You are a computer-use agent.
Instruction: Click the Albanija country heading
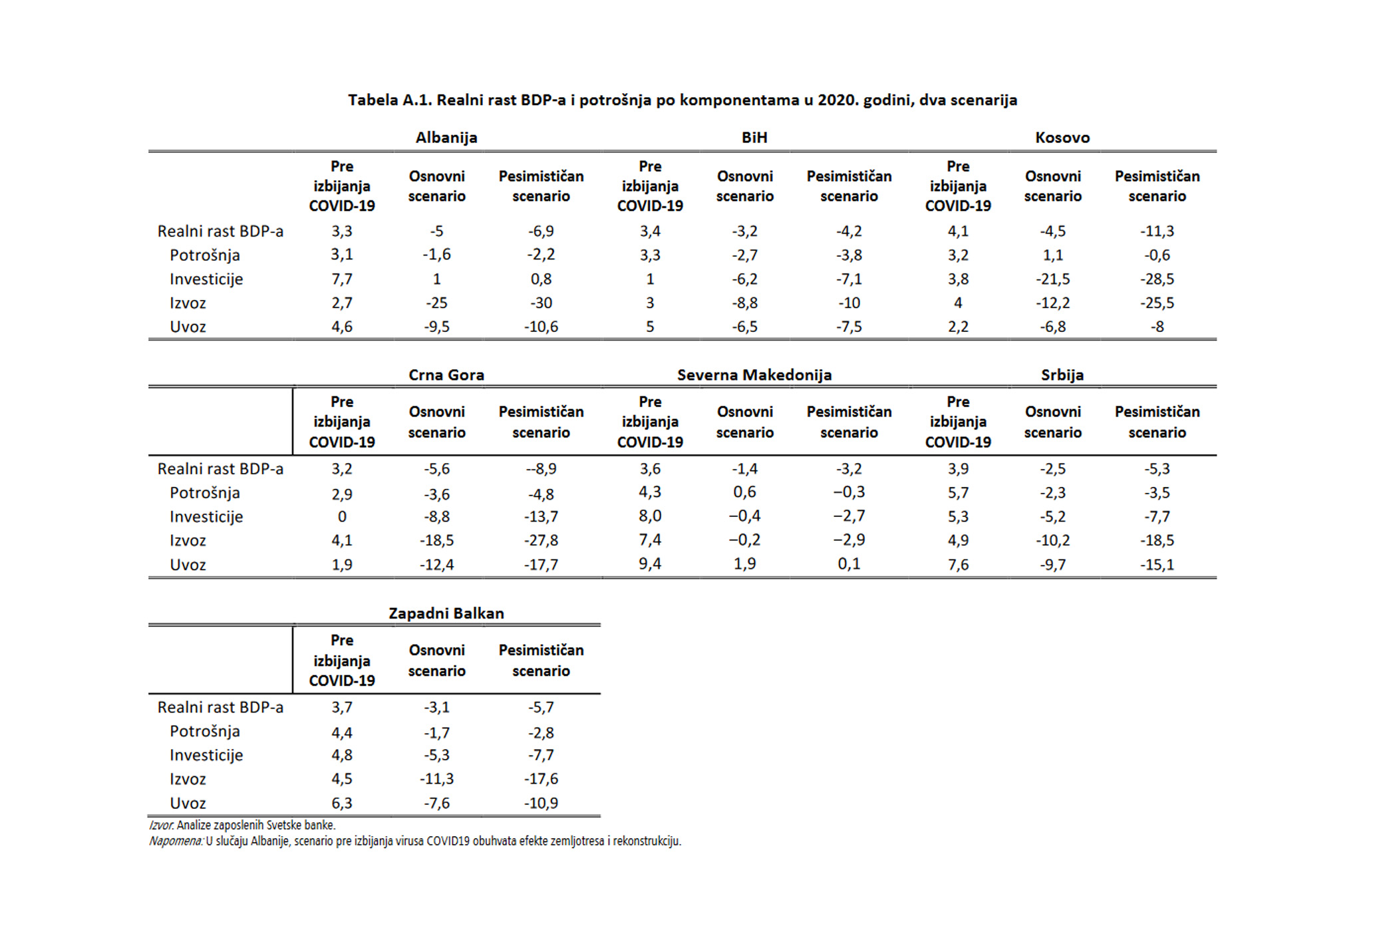(446, 138)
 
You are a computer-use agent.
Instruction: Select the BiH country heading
(754, 138)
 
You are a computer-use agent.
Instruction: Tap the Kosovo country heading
(1062, 138)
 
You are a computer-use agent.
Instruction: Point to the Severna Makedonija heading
(754, 375)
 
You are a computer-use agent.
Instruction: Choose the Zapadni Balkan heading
(446, 613)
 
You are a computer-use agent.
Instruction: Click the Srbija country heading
(1062, 375)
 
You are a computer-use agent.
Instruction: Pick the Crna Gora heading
(446, 375)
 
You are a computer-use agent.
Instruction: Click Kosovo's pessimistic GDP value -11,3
(1158, 231)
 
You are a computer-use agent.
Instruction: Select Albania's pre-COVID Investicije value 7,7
(342, 279)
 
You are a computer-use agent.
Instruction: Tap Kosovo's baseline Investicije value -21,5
(1053, 279)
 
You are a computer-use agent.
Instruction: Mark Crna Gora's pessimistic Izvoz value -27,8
(542, 541)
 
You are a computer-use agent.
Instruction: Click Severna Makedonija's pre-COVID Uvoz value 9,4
(650, 564)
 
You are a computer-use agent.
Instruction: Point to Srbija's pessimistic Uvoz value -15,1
(1158, 565)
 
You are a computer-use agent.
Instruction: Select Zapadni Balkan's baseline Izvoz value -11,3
(437, 779)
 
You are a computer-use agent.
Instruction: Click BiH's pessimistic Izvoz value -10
(850, 303)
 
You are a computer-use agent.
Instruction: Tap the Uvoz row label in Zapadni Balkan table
(188, 804)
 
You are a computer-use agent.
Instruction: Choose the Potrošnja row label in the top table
(205, 255)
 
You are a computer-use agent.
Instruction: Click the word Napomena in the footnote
(176, 842)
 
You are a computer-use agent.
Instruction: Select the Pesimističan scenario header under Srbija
(1158, 422)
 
